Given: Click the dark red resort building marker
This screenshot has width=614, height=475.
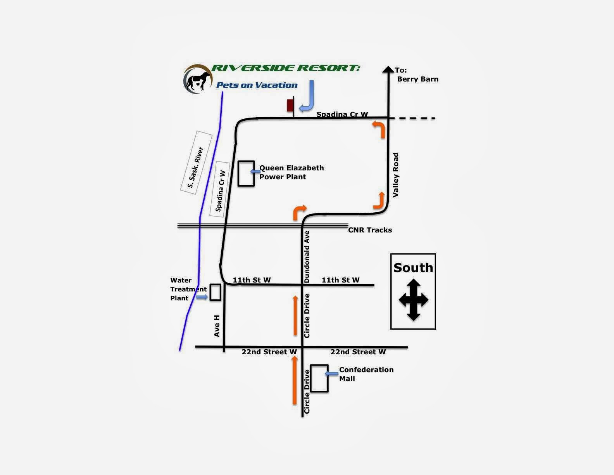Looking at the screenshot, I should tap(290, 105).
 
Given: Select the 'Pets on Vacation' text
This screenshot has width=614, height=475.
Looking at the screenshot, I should tap(257, 85).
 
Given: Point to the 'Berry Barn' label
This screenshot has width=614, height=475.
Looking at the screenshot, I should tap(417, 79).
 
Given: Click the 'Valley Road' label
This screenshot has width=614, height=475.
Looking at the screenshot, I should tap(396, 175).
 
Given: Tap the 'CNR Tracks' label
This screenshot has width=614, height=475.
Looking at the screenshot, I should tap(370, 230).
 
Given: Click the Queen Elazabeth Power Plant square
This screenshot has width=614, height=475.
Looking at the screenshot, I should tap(246, 173).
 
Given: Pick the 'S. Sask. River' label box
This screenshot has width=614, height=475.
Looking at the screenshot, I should tap(196, 162).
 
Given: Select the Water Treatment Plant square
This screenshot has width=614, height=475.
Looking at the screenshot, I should tap(215, 292).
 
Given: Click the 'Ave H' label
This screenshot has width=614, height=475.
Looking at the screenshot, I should tap(217, 326).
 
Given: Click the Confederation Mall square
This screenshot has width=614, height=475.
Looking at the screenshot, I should tap(319, 378).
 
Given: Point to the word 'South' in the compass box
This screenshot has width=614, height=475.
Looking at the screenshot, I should tap(413, 268).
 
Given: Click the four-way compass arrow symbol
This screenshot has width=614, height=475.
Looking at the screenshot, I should tap(414, 300).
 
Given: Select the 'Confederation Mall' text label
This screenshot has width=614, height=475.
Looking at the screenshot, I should tap(366, 374).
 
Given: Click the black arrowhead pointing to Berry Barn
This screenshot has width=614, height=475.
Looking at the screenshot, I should tap(388, 69).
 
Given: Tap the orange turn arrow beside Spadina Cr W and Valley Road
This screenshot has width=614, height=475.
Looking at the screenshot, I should tap(379, 128).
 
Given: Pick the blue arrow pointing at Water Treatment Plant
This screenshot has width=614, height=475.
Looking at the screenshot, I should tap(202, 297).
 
